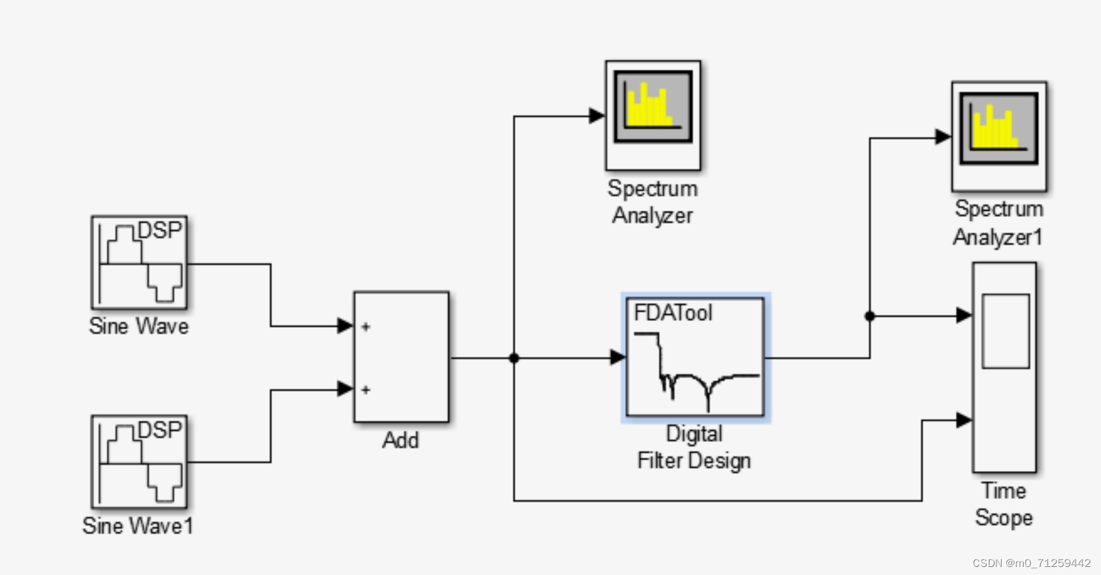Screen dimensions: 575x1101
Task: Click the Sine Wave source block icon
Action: coord(139,263)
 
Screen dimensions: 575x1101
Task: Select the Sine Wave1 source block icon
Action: coord(139,461)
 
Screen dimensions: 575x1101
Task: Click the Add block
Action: coord(401,357)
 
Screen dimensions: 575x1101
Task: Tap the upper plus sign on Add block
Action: coord(366,327)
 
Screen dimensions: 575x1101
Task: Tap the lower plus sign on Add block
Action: coord(366,390)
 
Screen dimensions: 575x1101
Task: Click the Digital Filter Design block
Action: coord(696,357)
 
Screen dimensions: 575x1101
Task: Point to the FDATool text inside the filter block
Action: coord(673,313)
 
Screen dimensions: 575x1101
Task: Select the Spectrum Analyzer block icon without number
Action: coord(653,115)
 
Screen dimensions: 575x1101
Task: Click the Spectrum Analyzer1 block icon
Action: coord(999,136)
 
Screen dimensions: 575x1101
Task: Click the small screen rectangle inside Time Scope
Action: coord(1006,331)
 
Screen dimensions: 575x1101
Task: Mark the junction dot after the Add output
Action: coord(514,358)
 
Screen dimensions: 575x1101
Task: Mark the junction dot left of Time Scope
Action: coord(869,316)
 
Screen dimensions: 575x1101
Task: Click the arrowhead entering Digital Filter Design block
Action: coord(618,357)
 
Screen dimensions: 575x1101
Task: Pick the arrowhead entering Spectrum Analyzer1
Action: coord(943,137)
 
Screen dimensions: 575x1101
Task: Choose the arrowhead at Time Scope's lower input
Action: coord(964,421)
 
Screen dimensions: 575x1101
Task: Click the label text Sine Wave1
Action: coord(138,526)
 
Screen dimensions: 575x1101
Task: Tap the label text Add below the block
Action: coord(401,441)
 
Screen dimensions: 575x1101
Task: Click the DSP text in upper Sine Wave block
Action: coord(160,230)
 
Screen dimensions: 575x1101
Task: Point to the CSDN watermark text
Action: coord(1031,563)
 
